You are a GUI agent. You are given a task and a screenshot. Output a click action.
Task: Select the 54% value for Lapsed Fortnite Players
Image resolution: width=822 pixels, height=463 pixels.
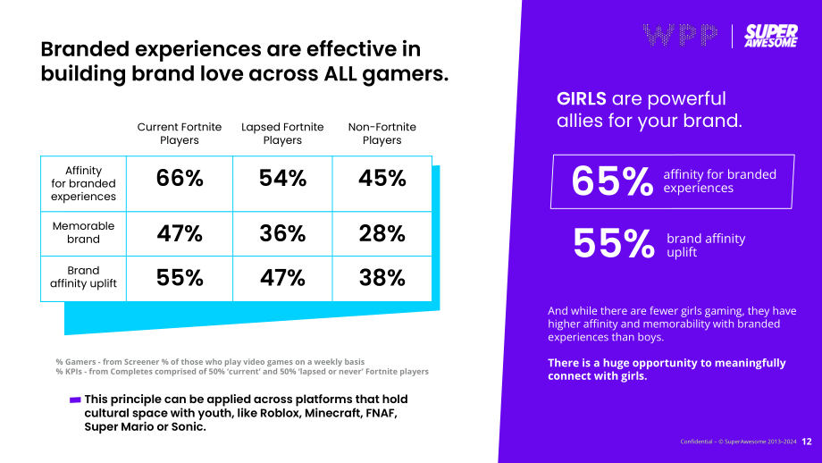coord(282,178)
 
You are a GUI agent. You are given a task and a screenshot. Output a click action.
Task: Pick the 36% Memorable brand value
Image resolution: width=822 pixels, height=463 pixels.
coord(282,233)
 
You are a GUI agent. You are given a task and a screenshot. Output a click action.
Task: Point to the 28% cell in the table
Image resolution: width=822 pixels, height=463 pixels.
coord(382,233)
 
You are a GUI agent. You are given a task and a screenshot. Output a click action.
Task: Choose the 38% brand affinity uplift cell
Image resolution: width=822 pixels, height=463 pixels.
coord(382,278)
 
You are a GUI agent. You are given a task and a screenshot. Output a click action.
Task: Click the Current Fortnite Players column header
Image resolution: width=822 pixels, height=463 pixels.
coord(180,134)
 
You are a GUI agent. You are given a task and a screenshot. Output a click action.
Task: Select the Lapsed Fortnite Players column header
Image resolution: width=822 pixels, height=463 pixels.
coord(282,134)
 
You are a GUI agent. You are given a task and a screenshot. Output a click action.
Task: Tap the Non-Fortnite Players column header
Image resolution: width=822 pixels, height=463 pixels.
coord(382,134)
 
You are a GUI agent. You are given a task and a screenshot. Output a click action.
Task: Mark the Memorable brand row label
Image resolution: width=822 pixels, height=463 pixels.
coord(83,232)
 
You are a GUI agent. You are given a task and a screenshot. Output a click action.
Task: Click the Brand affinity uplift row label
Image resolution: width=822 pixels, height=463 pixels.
coord(83,277)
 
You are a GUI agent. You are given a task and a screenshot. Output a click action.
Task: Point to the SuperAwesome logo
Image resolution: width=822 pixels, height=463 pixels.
coord(771,36)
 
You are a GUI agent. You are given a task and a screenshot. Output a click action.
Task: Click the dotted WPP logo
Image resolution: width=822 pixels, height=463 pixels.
coord(680,35)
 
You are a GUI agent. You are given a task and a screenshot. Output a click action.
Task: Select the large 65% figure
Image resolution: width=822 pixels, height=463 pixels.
coord(612,181)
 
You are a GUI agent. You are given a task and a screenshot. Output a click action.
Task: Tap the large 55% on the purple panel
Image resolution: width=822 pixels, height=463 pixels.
coord(614,244)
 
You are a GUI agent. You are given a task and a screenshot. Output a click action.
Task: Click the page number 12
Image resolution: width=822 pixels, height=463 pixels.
coord(807,442)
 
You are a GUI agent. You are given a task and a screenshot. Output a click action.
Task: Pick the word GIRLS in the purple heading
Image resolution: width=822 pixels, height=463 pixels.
coord(582,98)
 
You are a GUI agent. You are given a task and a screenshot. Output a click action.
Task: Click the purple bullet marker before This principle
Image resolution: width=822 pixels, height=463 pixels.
coord(75,400)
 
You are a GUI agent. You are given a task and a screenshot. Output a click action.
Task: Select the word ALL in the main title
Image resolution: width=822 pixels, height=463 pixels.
coord(340,73)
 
